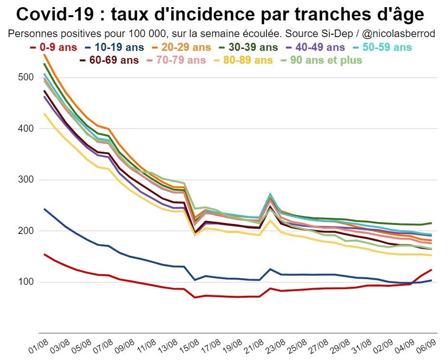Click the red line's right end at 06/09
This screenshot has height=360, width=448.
pyautogui.click(x=431, y=270)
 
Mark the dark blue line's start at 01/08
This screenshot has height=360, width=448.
pyautogui.click(x=44, y=209)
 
